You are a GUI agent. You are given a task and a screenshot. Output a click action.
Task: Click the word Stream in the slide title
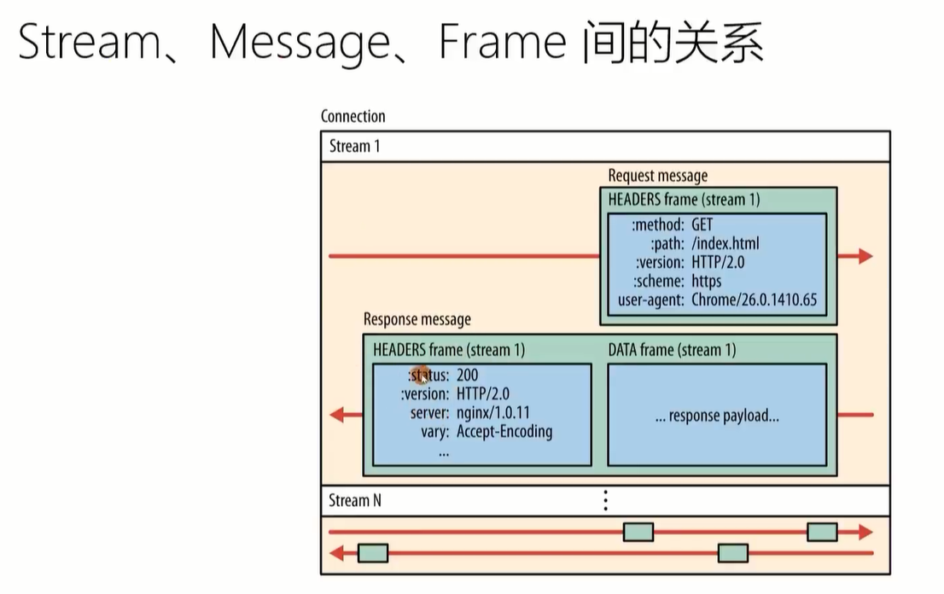(x=90, y=42)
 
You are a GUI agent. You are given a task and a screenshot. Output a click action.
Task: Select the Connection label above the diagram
(x=353, y=116)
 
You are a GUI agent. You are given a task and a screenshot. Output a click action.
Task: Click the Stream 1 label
(x=354, y=146)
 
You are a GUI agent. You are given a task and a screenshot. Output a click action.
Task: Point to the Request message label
(x=657, y=176)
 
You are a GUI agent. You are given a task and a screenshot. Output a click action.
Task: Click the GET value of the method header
(x=702, y=224)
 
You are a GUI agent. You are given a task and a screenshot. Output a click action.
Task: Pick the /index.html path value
(x=725, y=243)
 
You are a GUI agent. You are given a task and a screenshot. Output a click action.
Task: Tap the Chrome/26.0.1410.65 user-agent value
(x=755, y=299)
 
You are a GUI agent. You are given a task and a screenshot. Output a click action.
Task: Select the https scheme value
(x=706, y=281)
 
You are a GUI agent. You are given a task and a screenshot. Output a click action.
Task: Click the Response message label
(x=417, y=319)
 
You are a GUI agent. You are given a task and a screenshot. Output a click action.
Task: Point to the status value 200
(x=467, y=375)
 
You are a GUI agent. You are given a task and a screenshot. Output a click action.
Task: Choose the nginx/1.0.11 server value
(x=493, y=413)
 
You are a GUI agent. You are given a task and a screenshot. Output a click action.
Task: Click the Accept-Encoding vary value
(x=504, y=432)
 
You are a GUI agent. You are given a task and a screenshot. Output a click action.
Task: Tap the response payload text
(x=717, y=416)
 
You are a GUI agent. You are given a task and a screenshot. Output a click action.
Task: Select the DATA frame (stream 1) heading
(x=672, y=350)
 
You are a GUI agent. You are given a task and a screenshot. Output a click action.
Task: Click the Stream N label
(x=354, y=500)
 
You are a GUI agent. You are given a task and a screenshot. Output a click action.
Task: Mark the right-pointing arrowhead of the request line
(x=865, y=256)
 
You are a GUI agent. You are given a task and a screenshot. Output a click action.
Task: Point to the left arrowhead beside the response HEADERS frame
(x=338, y=415)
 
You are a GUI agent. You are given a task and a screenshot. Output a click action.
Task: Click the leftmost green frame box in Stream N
(x=373, y=553)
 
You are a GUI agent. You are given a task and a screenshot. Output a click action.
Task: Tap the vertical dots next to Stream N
(x=605, y=500)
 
